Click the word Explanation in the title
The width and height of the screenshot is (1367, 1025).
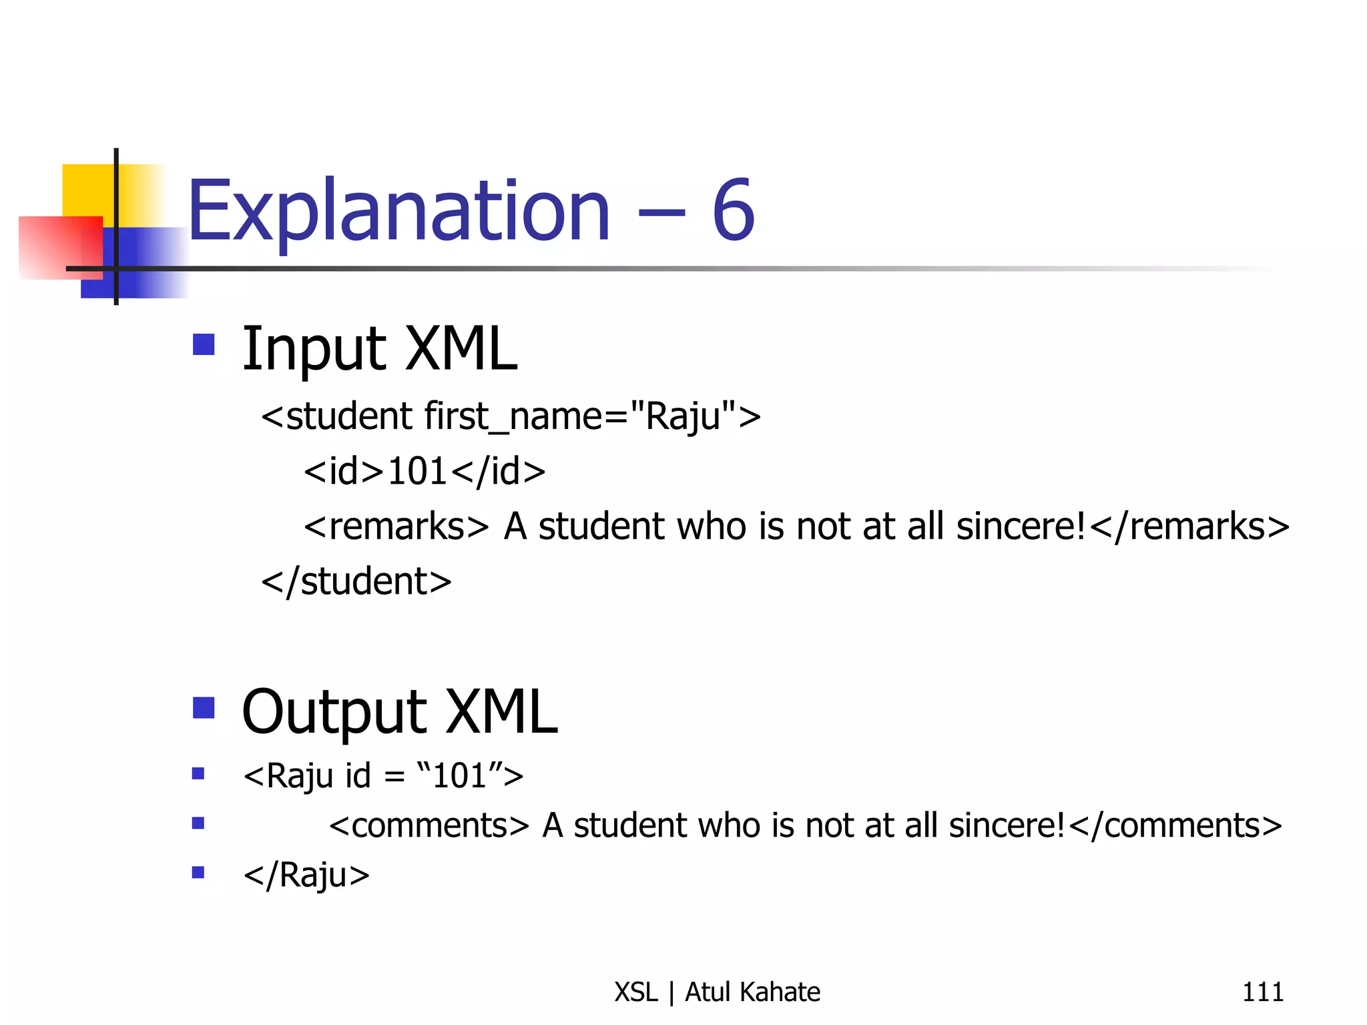(x=399, y=211)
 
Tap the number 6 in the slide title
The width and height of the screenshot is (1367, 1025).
(x=733, y=211)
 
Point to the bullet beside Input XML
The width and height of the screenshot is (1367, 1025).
(x=204, y=344)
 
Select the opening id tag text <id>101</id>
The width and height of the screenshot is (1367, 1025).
(x=425, y=471)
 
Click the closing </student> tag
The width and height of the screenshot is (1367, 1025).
(x=356, y=581)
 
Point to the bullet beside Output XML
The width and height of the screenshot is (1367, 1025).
(x=204, y=707)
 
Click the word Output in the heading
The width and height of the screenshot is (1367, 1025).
(x=334, y=713)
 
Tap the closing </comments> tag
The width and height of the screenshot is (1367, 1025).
(x=1175, y=825)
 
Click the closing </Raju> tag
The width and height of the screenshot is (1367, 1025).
(x=306, y=875)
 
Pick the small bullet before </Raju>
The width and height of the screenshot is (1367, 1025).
(x=198, y=872)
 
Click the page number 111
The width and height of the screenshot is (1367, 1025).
(x=1262, y=992)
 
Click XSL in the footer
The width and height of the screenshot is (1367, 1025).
(x=636, y=992)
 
